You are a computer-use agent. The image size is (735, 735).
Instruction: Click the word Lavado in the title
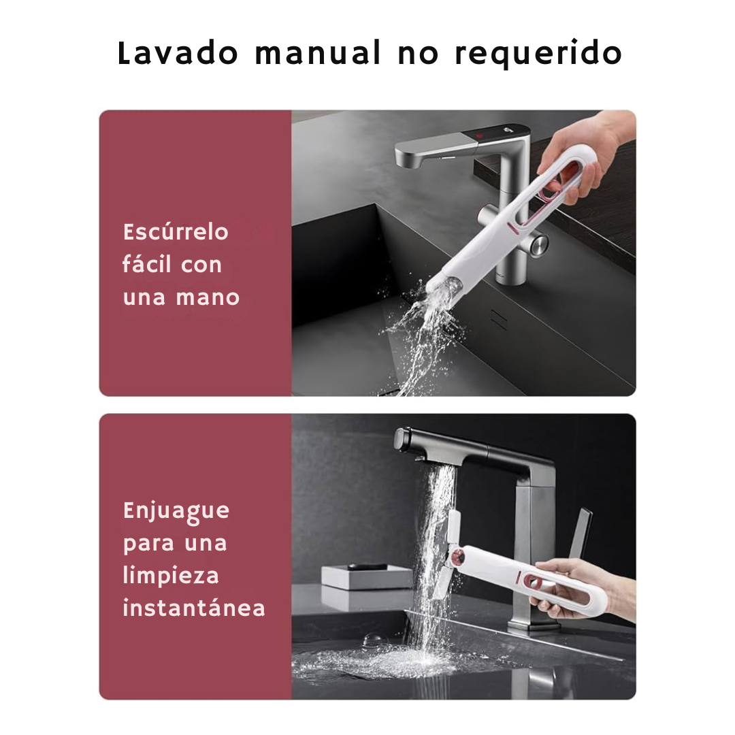coord(178,54)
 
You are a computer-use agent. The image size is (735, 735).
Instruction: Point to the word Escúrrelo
coord(176,232)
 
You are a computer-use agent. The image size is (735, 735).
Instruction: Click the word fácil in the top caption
coord(146,264)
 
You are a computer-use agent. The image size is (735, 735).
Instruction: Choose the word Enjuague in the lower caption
coord(176,511)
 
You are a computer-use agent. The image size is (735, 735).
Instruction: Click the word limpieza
coord(171,576)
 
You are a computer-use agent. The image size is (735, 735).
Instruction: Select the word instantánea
coord(194,608)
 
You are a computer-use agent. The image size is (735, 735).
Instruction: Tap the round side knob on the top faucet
coord(538,242)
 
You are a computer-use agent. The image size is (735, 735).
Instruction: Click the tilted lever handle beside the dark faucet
coord(581,535)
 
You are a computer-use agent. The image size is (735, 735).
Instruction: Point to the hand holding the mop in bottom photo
coord(578,585)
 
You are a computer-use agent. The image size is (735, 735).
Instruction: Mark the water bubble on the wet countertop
coord(373,640)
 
